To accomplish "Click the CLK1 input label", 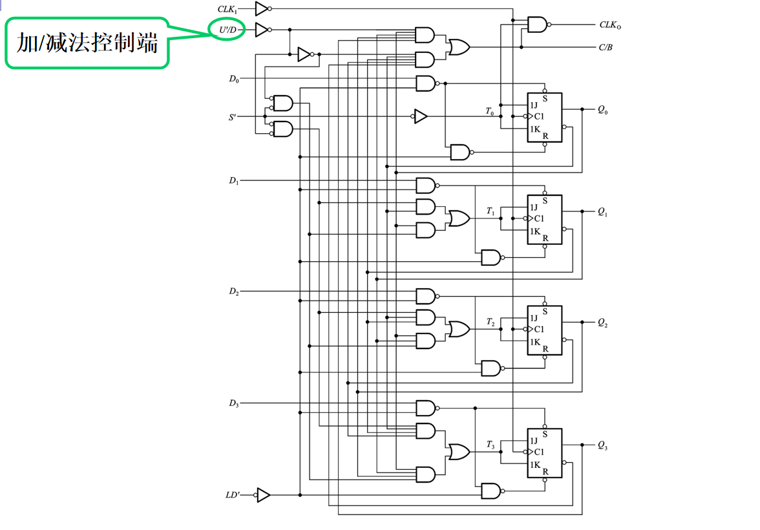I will click(227, 9).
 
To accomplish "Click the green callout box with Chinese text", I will click(87, 43).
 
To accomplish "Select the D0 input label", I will click(233, 79).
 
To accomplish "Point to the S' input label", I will click(233, 117).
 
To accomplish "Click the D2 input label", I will click(233, 291).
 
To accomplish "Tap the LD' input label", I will click(232, 495).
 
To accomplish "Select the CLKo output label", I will click(610, 26).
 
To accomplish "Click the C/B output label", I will click(606, 47).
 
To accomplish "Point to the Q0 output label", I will click(602, 111).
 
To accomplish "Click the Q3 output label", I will click(602, 445).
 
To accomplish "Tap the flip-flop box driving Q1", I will click(545, 220).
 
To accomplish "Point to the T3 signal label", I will click(491, 445).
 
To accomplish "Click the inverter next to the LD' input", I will click(262, 495).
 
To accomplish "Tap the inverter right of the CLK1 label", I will click(261, 8).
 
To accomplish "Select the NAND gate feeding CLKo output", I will click(538, 25).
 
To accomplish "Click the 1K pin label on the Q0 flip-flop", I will click(534, 129).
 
